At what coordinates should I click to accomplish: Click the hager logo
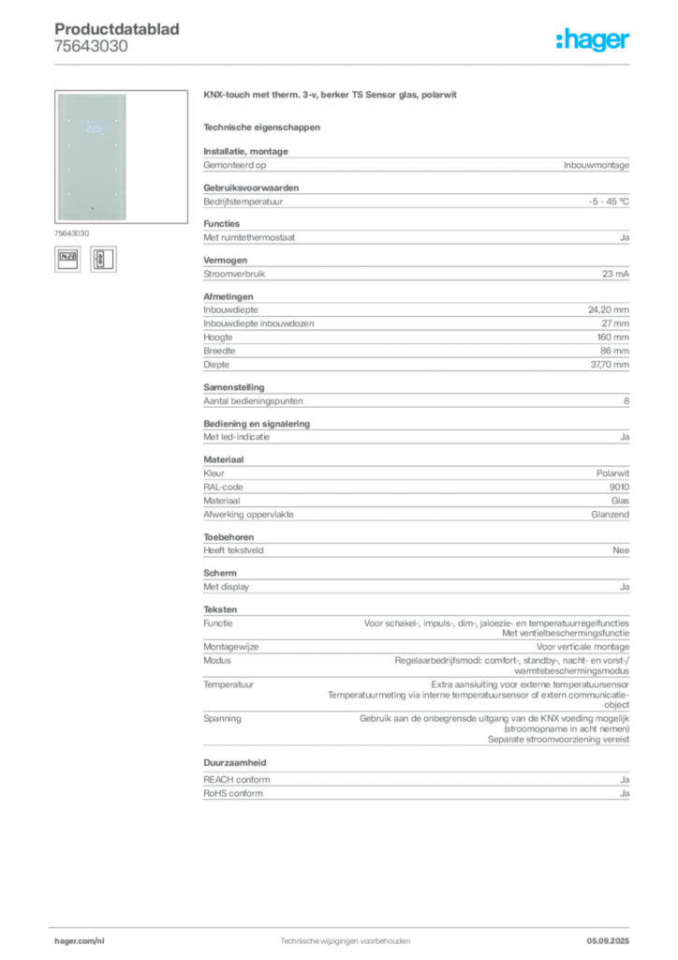(x=593, y=39)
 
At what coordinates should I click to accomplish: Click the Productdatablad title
(x=117, y=29)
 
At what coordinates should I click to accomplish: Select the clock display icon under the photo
(x=67, y=259)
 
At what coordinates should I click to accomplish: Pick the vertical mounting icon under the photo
(x=103, y=259)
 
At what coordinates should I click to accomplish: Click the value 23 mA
(x=615, y=274)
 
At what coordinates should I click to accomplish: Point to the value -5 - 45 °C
(x=609, y=202)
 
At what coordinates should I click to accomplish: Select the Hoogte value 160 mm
(x=613, y=337)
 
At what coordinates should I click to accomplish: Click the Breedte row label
(x=219, y=351)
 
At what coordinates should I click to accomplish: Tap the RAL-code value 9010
(x=619, y=487)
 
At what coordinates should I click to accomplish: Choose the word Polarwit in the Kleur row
(x=612, y=473)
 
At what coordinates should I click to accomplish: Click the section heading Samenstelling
(x=234, y=387)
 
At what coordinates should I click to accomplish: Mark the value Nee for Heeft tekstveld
(x=621, y=550)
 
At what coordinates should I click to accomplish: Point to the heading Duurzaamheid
(x=235, y=762)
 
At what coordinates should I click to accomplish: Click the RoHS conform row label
(x=233, y=793)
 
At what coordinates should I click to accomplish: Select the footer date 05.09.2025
(x=608, y=941)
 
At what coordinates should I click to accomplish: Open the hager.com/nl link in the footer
(x=80, y=941)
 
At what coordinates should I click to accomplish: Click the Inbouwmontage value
(x=597, y=165)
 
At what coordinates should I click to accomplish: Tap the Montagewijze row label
(x=231, y=647)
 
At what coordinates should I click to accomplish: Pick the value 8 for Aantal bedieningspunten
(x=626, y=401)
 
